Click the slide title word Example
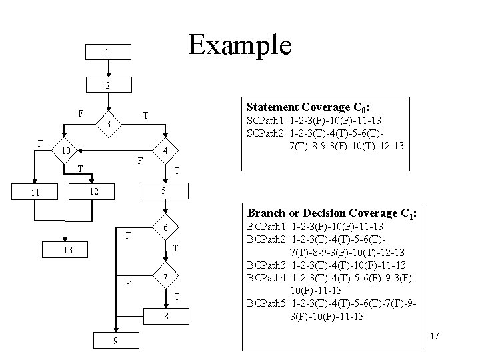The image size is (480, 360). (240, 45)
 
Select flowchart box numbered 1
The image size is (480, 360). (109, 52)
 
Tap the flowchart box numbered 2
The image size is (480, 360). (109, 85)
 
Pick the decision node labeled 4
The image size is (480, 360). (164, 152)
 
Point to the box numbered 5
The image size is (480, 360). (164, 191)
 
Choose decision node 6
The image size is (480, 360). (164, 229)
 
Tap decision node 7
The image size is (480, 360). (164, 277)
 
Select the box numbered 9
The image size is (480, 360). (115, 341)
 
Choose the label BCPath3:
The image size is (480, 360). (267, 265)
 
